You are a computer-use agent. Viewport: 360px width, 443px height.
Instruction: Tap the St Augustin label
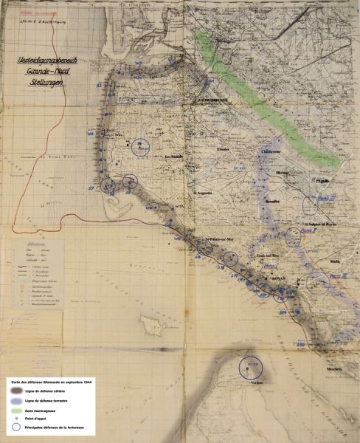[x=203, y=193]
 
